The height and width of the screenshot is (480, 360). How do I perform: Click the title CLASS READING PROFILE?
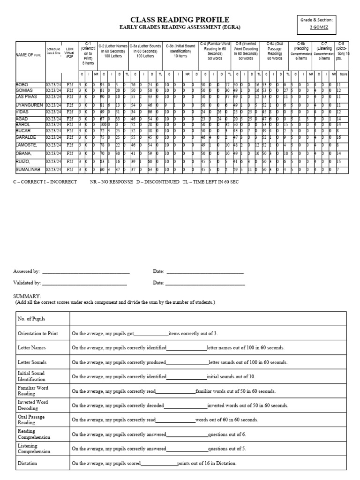pos(180,20)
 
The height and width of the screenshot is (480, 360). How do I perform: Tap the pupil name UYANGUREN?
pos(29,105)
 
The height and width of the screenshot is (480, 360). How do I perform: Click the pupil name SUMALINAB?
pos(29,169)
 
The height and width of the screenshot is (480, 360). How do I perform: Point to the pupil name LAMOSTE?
pos(28,146)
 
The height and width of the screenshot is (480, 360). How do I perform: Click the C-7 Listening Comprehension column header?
pos(324,52)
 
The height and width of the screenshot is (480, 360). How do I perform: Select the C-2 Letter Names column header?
pos(112,52)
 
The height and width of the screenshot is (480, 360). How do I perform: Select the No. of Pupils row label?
pos(31,319)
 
